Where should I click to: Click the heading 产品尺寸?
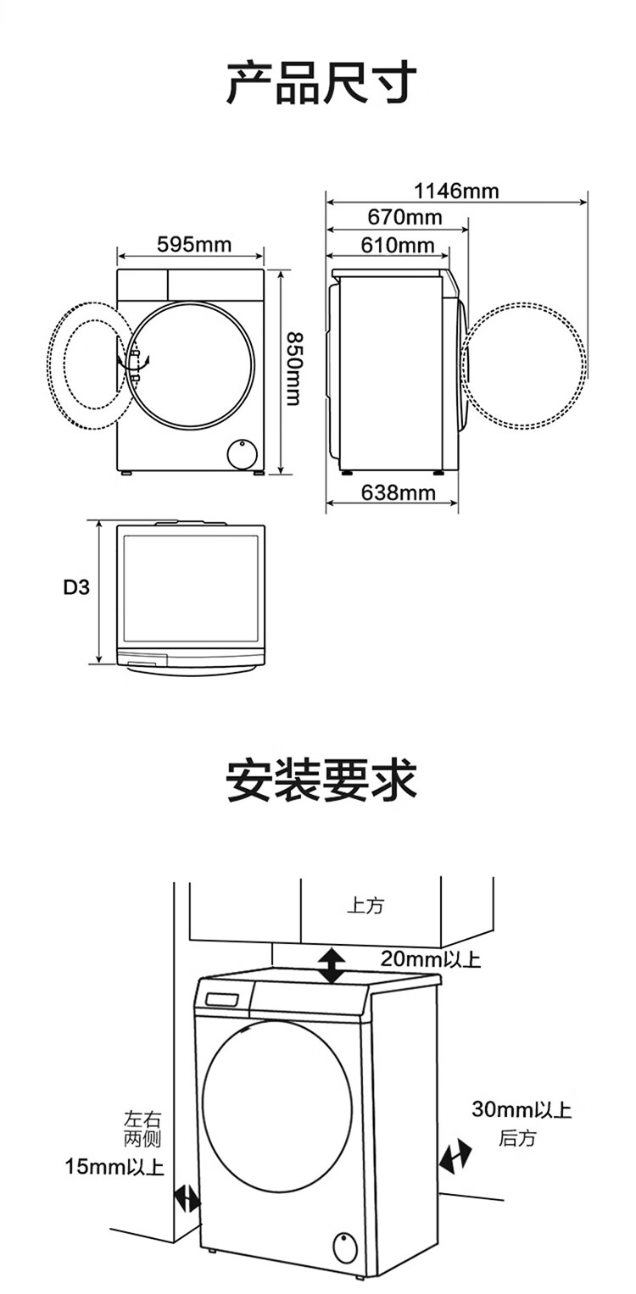(x=321, y=83)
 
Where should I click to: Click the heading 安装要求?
(x=321, y=780)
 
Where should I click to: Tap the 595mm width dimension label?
(x=194, y=245)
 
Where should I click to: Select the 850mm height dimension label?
(x=293, y=368)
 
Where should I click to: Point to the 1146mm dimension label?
(x=456, y=191)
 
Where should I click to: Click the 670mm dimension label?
(x=404, y=218)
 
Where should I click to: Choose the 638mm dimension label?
(x=398, y=492)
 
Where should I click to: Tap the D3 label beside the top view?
(x=76, y=586)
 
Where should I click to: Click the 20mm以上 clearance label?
(x=430, y=959)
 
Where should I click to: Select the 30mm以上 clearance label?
(x=522, y=1109)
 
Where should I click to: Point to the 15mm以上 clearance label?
(x=114, y=1167)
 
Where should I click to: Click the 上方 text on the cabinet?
(x=365, y=905)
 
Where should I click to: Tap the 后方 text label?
(x=516, y=1138)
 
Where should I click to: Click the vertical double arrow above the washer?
(x=332, y=966)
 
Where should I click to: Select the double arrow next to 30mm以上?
(x=455, y=1156)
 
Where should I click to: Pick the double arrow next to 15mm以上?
(x=187, y=1198)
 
